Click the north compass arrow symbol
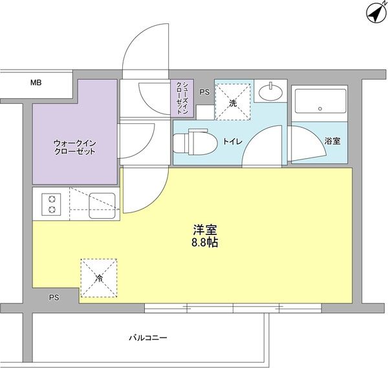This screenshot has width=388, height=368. pyautogui.click(x=375, y=14)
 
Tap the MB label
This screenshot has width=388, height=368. pyautogui.click(x=36, y=83)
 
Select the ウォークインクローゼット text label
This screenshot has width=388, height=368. pyautogui.click(x=75, y=147)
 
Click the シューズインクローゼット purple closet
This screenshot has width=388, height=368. pyautogui.click(x=182, y=98)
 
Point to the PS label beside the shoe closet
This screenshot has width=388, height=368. pyautogui.click(x=204, y=92)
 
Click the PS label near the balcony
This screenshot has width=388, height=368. pyautogui.click(x=54, y=298)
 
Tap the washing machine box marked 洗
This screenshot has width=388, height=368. pyautogui.click(x=233, y=102)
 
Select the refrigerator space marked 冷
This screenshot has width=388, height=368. pyautogui.click(x=99, y=278)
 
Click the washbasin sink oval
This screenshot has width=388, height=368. pyautogui.click(x=271, y=93)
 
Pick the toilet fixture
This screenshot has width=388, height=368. pyautogui.click(x=195, y=142)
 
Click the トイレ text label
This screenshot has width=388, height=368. pyautogui.click(x=233, y=141)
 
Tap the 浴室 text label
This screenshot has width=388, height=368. pyautogui.click(x=332, y=141)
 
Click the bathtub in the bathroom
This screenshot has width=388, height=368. pyautogui.click(x=321, y=101)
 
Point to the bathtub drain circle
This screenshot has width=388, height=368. pyautogui.click(x=320, y=108)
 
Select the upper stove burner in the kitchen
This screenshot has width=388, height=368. pyautogui.click(x=52, y=199)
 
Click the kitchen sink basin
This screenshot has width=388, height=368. pyautogui.click(x=102, y=206)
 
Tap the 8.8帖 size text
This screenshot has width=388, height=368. pyautogui.click(x=204, y=243)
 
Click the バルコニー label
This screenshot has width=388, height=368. pyautogui.click(x=148, y=338)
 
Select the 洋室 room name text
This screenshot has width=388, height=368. pyautogui.click(x=205, y=230)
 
